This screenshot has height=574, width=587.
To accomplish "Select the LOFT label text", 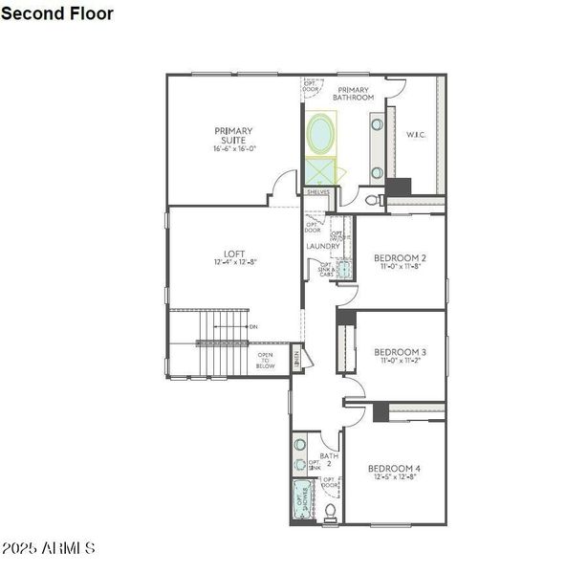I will pos(235,254).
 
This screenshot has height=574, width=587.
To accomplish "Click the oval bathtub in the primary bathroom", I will pos(321,133).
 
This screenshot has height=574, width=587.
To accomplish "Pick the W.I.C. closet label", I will pos(416,135).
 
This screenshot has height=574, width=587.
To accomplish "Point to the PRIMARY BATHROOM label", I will pos(353,92).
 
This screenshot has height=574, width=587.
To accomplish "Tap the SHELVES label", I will pos(317,192).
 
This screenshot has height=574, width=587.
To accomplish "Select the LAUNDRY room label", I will pos(323,247).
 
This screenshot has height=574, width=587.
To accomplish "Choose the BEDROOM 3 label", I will pos(400,351).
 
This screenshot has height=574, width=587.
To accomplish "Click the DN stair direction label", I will pos(252,327).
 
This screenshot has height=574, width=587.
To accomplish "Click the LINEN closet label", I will pos(297,359).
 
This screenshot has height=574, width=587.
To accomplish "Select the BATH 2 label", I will pos(329,460).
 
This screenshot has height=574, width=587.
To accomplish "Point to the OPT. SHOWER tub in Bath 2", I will pos(301,500).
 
